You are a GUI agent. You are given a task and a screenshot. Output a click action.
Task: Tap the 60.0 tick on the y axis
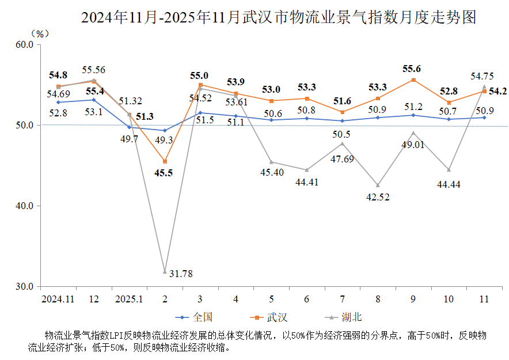[24, 44]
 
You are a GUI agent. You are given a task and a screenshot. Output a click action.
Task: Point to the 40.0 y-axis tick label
[24, 206]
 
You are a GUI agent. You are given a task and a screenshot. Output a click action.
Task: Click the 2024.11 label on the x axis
[58, 299]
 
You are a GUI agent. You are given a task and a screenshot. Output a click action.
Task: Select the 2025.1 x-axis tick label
[129, 299]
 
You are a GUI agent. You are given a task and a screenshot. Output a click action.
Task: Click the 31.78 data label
[181, 274]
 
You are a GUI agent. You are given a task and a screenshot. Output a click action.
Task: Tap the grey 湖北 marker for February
[165, 271]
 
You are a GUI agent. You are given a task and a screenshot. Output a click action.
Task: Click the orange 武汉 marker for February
[165, 161]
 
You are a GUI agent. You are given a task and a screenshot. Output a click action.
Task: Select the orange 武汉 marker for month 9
[413, 80]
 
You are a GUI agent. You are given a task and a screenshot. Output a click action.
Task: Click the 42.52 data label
[378, 197]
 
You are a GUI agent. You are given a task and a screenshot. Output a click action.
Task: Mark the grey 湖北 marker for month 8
[378, 185]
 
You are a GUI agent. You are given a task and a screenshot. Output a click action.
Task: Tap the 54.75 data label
[483, 76]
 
